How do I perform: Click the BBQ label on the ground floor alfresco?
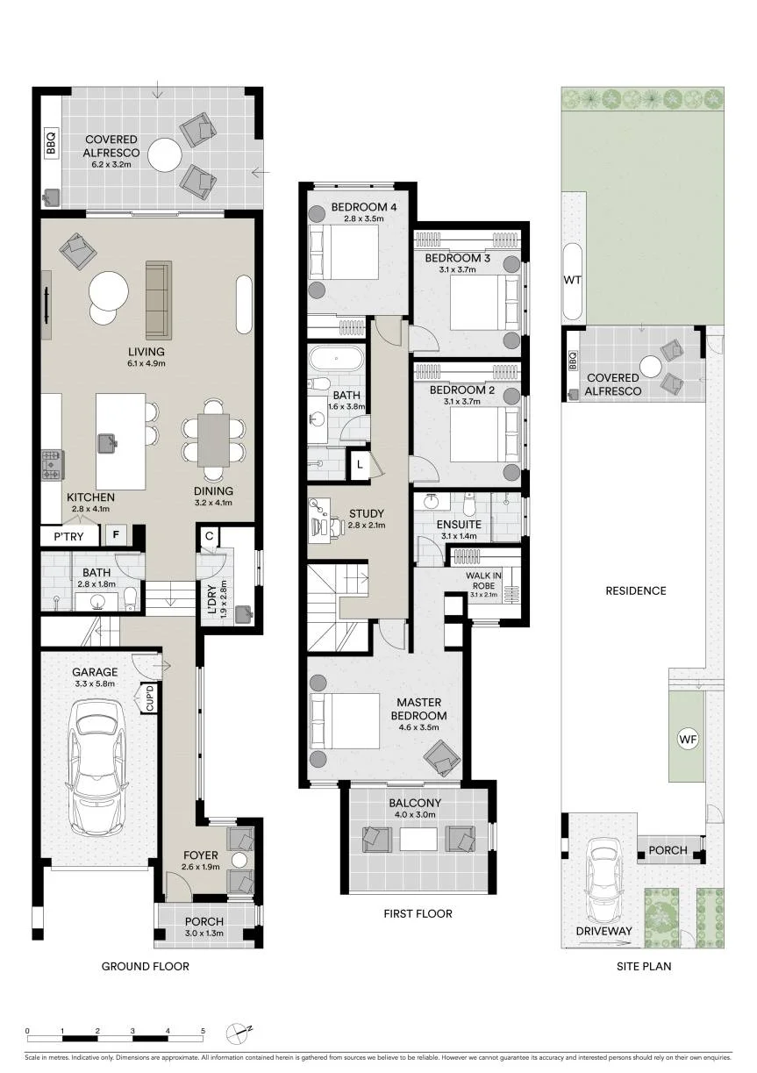(x=51, y=142)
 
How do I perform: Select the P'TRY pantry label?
(x=68, y=537)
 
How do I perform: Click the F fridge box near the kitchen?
(x=116, y=534)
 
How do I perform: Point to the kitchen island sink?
(x=108, y=442)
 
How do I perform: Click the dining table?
(x=213, y=440)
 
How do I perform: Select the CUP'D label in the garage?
(x=150, y=698)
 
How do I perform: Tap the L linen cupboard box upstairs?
(x=360, y=464)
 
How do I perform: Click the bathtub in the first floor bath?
(x=336, y=358)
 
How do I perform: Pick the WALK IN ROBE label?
(x=483, y=581)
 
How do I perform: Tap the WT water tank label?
(x=573, y=280)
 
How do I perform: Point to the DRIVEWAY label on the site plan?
(x=603, y=931)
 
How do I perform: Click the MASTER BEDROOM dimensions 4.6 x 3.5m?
(x=418, y=727)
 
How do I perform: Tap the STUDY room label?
(x=367, y=513)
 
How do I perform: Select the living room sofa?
(x=159, y=300)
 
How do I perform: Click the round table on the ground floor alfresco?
(x=165, y=154)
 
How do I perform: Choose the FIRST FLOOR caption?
(x=418, y=913)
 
